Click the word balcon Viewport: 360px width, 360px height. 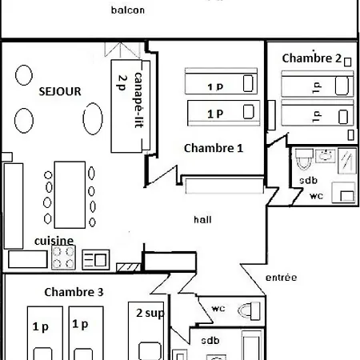pyautogui.click(x=128, y=10)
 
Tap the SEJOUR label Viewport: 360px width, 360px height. pyautogui.click(x=60, y=91)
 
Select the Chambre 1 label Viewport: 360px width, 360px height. pyautogui.click(x=214, y=148)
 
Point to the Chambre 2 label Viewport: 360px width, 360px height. pyautogui.click(x=312, y=58)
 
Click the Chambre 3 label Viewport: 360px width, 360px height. pyautogui.click(x=74, y=292)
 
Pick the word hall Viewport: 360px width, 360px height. pyautogui.click(x=202, y=220)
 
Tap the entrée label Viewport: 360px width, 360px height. pyautogui.click(x=281, y=278)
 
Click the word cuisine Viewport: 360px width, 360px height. pyautogui.click(x=54, y=241)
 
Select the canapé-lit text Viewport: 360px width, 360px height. pyautogui.click(x=138, y=100)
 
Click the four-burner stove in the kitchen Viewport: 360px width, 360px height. pyautogui.click(x=63, y=258)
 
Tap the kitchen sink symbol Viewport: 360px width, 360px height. pyautogui.click(x=96, y=259)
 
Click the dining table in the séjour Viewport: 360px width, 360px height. pyautogui.click(x=70, y=194)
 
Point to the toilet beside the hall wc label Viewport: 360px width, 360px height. pyautogui.click(x=249, y=310)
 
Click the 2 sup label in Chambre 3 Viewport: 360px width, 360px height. pyautogui.click(x=150, y=313)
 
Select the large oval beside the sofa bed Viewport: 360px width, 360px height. pyautogui.click(x=93, y=118)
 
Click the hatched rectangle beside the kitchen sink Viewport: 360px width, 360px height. pyautogui.click(x=129, y=267)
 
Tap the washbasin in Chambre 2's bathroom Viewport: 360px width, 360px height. pyautogui.click(x=326, y=156)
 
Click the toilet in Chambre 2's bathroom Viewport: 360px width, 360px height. pyautogui.click(x=304, y=159)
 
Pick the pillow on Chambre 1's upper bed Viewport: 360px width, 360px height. pyautogui.click(x=248, y=83)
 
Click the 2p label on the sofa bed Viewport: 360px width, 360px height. pyautogui.click(x=122, y=82)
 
